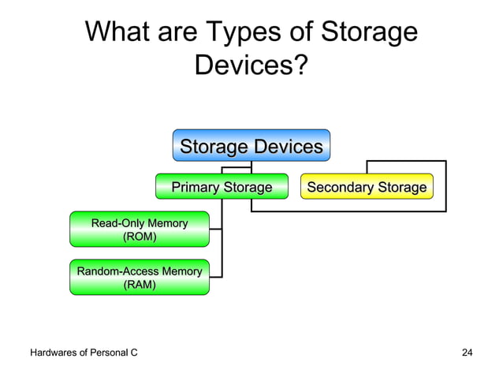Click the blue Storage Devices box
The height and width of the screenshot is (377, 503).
tap(251, 147)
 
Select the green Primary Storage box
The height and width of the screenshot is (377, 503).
tap(222, 187)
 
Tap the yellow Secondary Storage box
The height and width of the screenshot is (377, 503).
tap(367, 187)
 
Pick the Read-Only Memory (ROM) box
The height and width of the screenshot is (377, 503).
tap(140, 230)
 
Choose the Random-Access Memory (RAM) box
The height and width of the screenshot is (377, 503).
tap(140, 278)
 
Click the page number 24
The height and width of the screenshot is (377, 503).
tap(467, 352)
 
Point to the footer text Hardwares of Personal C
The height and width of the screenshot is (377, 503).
tap(84, 352)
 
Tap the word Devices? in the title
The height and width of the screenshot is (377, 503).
tap(251, 66)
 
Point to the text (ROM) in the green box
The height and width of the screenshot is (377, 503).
tap(140, 237)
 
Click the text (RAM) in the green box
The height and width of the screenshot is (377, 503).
tap(140, 285)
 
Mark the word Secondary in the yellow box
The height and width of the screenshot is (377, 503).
tap(340, 187)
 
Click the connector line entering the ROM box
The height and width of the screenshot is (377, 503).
tap(216, 230)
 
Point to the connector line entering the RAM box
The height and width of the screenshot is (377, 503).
tap(216, 277)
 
